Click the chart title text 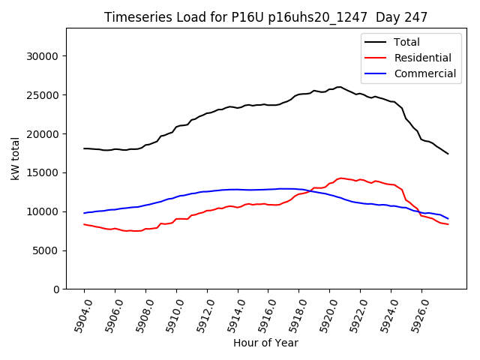point(265,17)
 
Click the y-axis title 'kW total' point(16,158)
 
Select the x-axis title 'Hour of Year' point(265,343)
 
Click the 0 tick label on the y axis point(56,289)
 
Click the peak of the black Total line point(339,87)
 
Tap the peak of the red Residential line point(341,178)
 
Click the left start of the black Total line point(84,148)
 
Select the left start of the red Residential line point(84,224)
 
